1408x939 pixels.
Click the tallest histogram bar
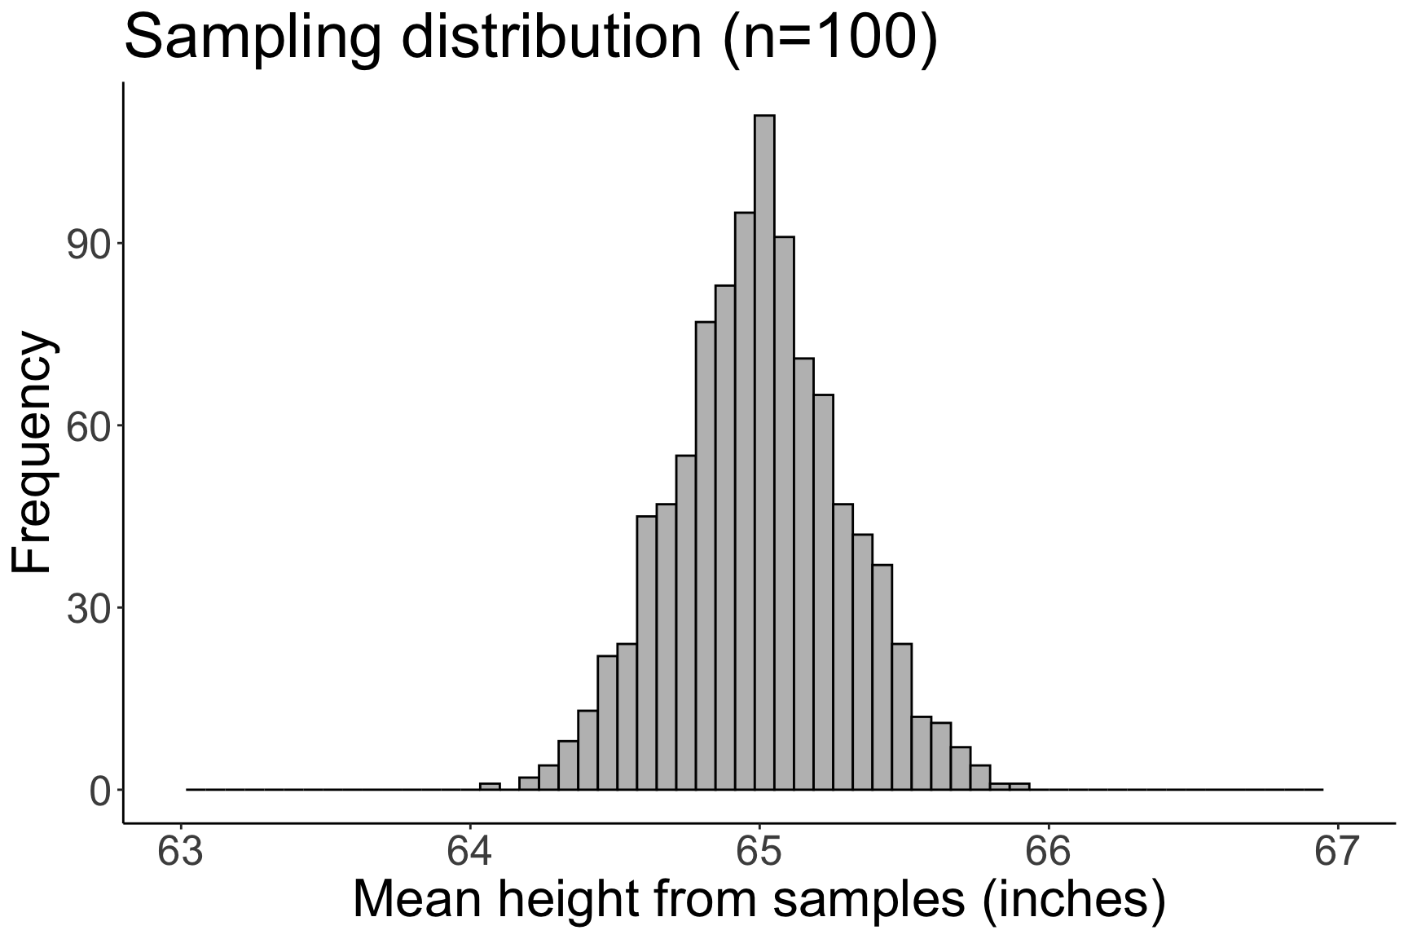[x=764, y=452]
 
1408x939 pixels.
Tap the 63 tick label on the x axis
[x=181, y=853]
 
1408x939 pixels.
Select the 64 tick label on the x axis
[x=470, y=853]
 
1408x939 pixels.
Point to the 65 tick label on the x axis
[x=759, y=853]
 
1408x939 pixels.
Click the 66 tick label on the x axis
[x=1049, y=853]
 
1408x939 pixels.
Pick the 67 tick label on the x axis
[x=1337, y=853]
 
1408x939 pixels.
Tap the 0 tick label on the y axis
[x=100, y=791]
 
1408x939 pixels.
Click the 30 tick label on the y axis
[x=89, y=609]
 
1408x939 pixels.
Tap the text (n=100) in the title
[x=830, y=37]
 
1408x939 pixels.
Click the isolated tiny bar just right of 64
[x=490, y=787]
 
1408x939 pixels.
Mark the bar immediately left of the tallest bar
[x=745, y=501]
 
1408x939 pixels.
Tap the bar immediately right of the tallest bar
[x=784, y=514]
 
